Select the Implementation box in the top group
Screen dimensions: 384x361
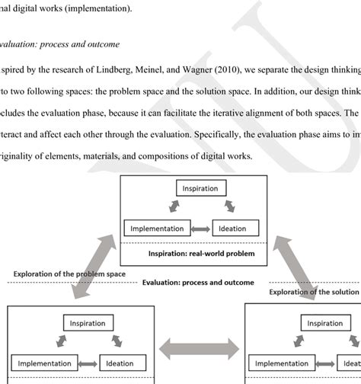pyautogui.click(x=157, y=228)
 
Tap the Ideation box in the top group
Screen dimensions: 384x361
pyautogui.click(x=237, y=228)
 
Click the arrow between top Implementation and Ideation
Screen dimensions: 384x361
pyautogui.click(x=202, y=228)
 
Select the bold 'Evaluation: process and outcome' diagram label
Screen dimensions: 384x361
pyautogui.click(x=198, y=282)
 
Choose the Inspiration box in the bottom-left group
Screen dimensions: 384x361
pyautogui.click(x=88, y=323)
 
